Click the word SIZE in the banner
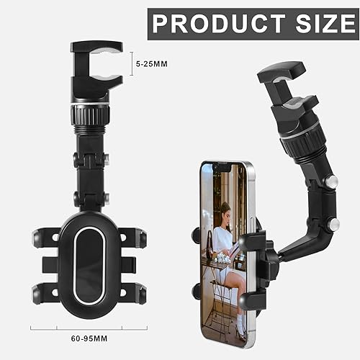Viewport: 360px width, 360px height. [x=325, y=23]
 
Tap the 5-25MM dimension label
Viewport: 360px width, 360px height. [x=152, y=63]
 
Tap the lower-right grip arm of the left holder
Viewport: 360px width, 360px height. [x=136, y=293]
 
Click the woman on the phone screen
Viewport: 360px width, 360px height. [x=224, y=238]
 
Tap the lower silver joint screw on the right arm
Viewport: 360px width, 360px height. [x=333, y=225]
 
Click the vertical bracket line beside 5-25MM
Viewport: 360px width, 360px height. [x=131, y=63]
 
